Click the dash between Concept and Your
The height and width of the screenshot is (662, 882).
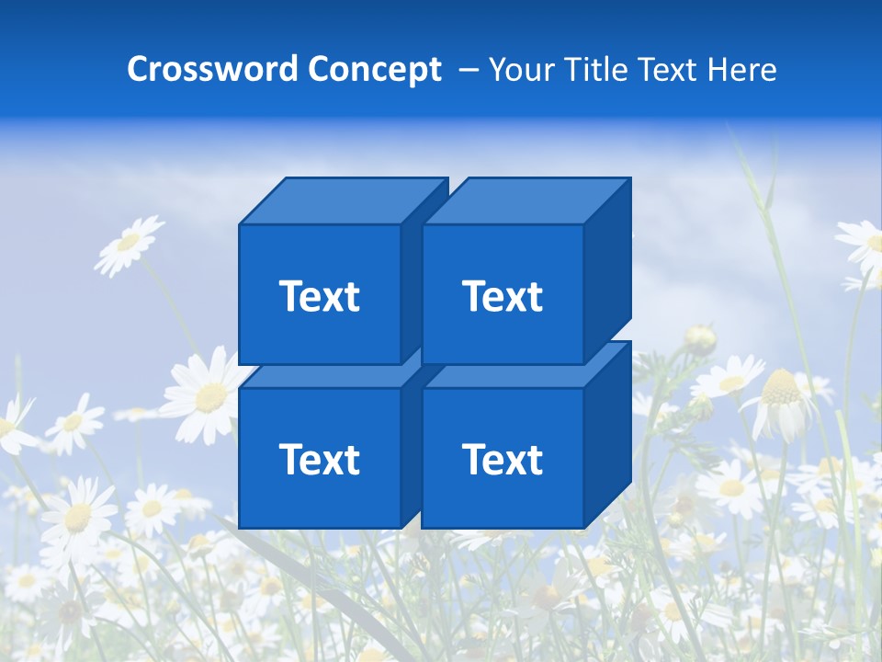467,70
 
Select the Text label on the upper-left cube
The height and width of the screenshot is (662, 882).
319,296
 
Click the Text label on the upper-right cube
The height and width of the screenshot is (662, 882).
502,296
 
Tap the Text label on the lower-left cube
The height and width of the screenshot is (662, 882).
319,459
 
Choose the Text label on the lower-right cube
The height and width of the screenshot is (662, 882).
502,459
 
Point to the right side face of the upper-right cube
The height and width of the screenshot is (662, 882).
607,271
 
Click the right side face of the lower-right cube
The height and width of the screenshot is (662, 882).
607,435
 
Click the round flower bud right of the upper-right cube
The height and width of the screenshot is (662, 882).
700,339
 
